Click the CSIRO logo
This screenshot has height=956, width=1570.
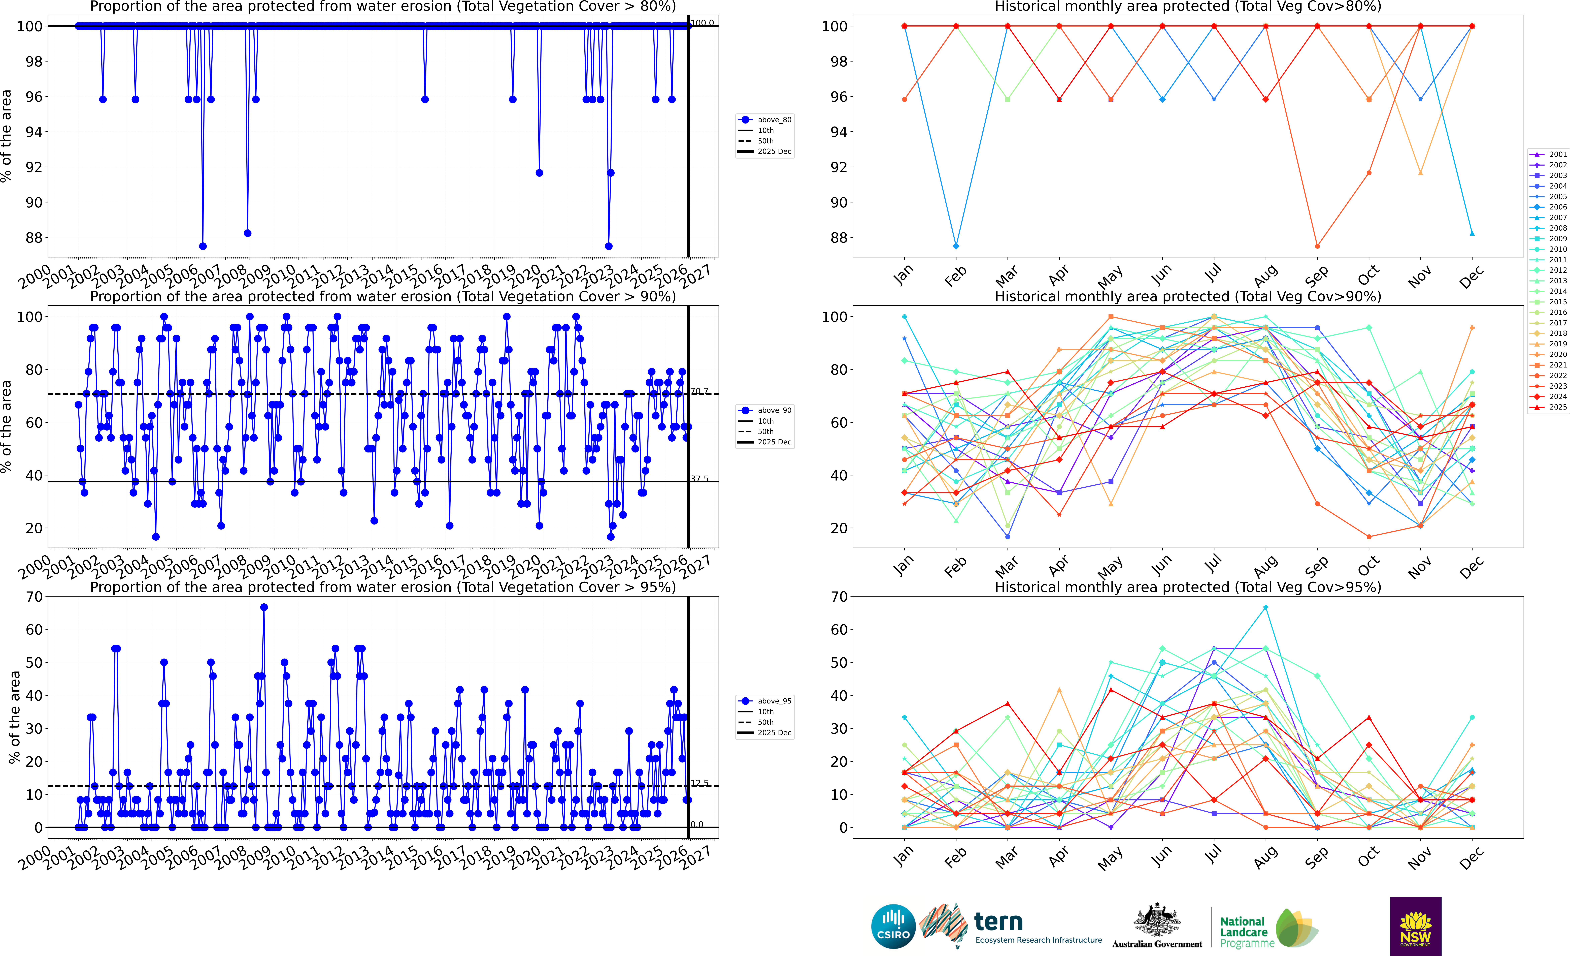tap(893, 926)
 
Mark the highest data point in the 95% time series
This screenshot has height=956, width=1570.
tap(264, 607)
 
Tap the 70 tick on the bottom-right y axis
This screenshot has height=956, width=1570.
tap(839, 597)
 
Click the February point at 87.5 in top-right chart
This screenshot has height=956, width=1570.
tap(956, 246)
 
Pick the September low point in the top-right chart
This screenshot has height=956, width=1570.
tap(1317, 246)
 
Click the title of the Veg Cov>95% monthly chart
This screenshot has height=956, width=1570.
tap(1188, 587)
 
